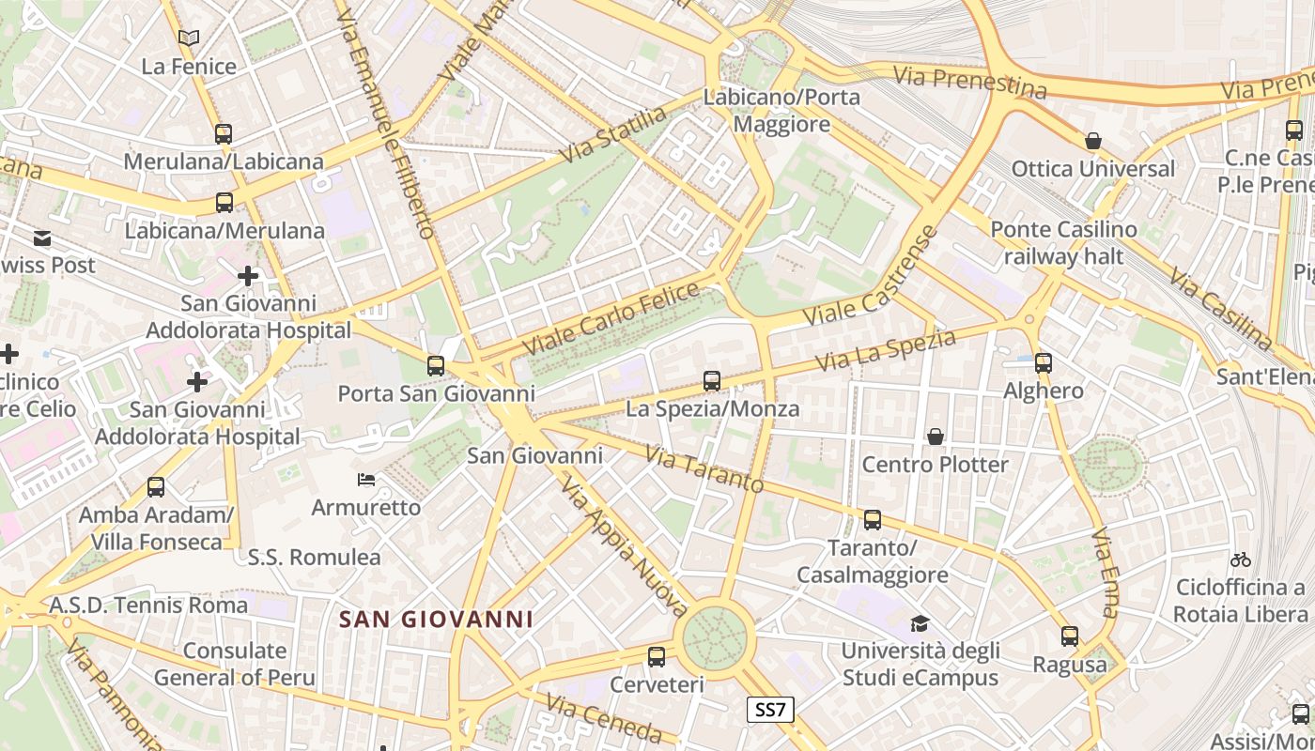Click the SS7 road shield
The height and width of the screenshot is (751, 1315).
pyautogui.click(x=770, y=710)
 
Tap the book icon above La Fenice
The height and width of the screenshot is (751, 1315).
pyautogui.click(x=189, y=38)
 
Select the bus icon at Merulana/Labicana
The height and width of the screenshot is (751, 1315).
pyautogui.click(x=224, y=133)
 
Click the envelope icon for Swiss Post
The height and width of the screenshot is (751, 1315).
pyautogui.click(x=42, y=238)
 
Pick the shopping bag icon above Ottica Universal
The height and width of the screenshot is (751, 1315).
pyautogui.click(x=1093, y=141)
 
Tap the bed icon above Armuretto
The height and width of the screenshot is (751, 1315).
pyautogui.click(x=366, y=481)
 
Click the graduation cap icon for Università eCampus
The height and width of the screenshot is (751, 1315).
pyautogui.click(x=920, y=623)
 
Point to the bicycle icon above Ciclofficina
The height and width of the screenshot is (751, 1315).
pyautogui.click(x=1241, y=559)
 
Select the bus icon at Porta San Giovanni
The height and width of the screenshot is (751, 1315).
pyautogui.click(x=436, y=366)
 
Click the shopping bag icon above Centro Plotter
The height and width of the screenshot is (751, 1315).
pyautogui.click(x=936, y=437)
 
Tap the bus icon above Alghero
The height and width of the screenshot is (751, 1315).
pyautogui.click(x=1043, y=363)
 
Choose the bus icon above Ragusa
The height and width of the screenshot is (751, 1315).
pyautogui.click(x=1070, y=636)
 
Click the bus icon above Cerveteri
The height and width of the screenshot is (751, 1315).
pyautogui.click(x=657, y=657)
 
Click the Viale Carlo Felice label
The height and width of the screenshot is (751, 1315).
pyautogui.click(x=611, y=318)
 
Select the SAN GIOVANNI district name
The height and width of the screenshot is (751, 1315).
pyautogui.click(x=436, y=620)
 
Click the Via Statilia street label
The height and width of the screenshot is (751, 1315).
pyautogui.click(x=612, y=133)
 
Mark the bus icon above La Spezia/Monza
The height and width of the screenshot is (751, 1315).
pyautogui.click(x=712, y=381)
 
